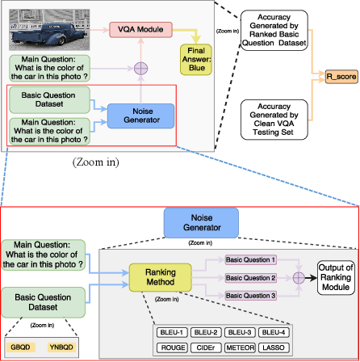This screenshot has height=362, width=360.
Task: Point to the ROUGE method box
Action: [173, 347]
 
